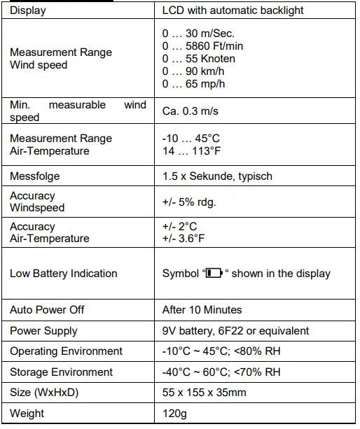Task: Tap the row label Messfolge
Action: (x=35, y=176)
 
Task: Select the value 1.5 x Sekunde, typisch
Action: (x=217, y=176)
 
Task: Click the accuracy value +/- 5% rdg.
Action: (x=189, y=202)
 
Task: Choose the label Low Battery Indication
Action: (x=63, y=274)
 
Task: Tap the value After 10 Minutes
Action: (x=202, y=309)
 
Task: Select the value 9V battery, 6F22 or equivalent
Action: (x=235, y=330)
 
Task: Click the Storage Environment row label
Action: (x=61, y=372)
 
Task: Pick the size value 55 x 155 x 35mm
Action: (x=205, y=393)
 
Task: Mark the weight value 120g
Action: (x=174, y=414)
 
